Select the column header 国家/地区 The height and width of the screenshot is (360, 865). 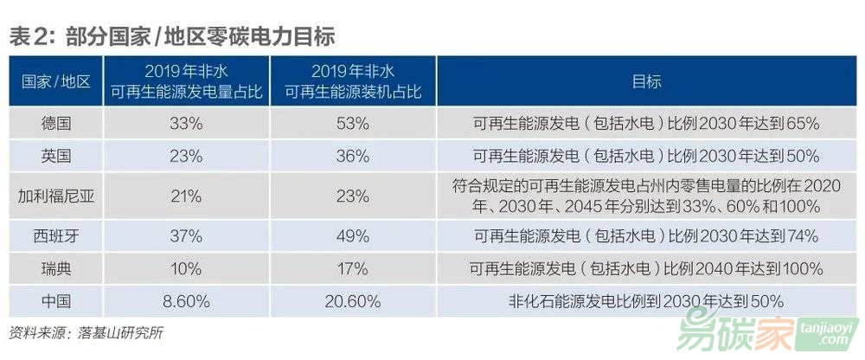pos(55,82)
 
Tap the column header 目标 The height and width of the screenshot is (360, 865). pos(646,82)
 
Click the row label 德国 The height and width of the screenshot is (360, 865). pos(55,124)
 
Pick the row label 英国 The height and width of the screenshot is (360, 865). pos(55,157)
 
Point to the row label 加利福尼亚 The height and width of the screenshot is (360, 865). pos(55,196)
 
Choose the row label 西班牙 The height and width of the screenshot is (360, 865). pos(55,235)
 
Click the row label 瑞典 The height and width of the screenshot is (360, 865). pos(55,268)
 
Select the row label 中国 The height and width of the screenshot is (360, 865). pos(55,301)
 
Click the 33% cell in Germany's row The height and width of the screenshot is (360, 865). pos(185,124)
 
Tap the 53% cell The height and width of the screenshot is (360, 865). pos(352,124)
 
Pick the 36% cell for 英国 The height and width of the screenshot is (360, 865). pos(352,157)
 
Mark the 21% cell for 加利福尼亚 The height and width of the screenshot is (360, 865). pos(185,196)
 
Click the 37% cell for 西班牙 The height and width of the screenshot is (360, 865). pos(185,235)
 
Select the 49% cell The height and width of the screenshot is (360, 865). pos(352,235)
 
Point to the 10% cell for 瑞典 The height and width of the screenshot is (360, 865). pos(185,268)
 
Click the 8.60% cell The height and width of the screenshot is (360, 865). pos(185,301)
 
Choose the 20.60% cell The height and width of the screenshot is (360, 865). pos(352,301)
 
